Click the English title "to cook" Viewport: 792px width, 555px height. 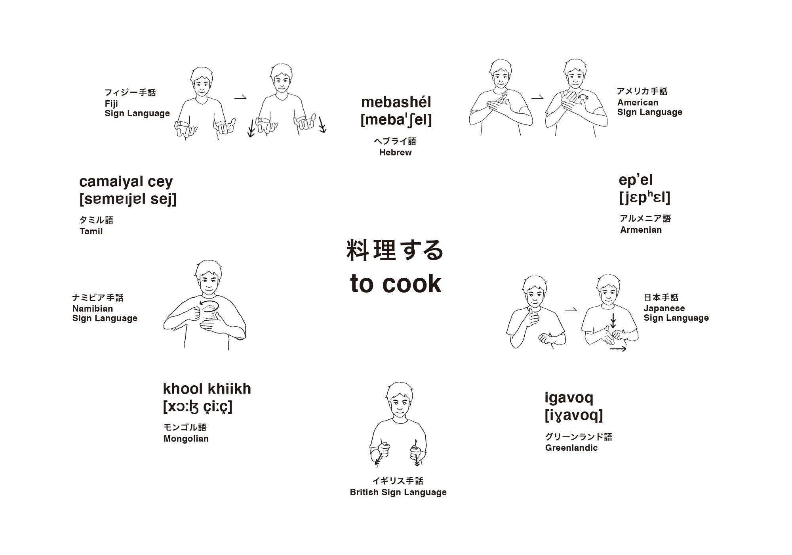point(396,283)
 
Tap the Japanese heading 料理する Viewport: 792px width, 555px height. point(395,250)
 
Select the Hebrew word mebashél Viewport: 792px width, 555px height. point(396,102)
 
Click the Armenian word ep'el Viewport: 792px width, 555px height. point(636,180)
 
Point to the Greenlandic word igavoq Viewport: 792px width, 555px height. point(569,398)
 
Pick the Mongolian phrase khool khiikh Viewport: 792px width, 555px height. point(207,388)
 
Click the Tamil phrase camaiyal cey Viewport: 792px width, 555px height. point(126,182)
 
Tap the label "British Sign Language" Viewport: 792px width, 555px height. point(398,492)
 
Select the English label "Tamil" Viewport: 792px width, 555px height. point(91,232)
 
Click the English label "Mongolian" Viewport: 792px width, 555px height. point(186,439)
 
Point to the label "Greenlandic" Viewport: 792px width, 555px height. point(571,448)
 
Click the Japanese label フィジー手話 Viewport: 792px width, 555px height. point(130,92)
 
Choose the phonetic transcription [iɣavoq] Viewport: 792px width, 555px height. point(574,415)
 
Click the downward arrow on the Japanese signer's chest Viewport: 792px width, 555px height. point(613,321)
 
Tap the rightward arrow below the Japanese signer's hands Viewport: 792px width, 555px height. point(618,349)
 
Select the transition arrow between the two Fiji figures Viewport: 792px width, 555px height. point(240,97)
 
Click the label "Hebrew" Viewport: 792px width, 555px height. point(395,153)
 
